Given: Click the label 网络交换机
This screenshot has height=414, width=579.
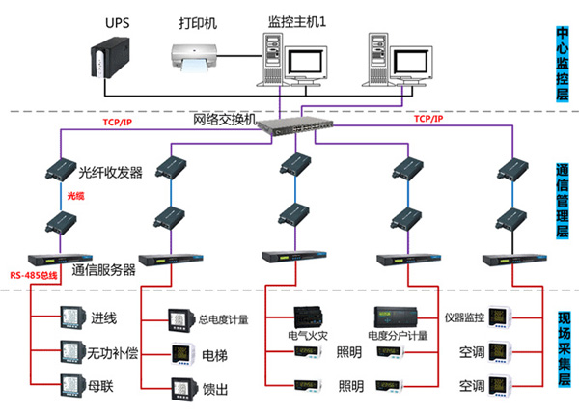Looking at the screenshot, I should [x=226, y=120].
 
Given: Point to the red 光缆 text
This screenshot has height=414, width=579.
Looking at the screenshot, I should [x=76, y=196].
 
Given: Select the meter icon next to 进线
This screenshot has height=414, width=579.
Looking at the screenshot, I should [x=73, y=317].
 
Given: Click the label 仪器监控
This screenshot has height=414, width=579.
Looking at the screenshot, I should [x=464, y=317].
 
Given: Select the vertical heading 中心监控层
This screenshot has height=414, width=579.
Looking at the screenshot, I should [x=564, y=65].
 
